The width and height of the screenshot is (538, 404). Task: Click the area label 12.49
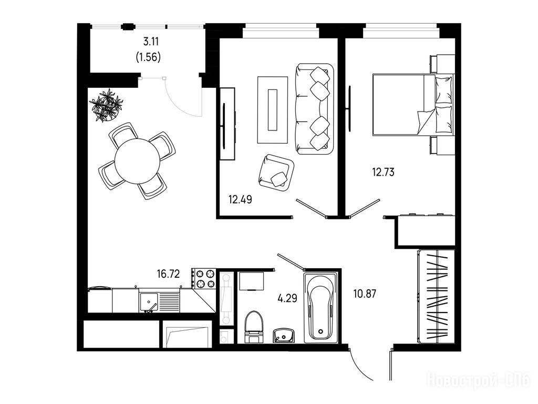click(x=240, y=199)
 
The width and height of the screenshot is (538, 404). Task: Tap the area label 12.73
click(x=383, y=171)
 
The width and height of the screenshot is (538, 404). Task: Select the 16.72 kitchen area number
click(x=168, y=274)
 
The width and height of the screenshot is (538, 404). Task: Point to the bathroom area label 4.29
click(x=287, y=298)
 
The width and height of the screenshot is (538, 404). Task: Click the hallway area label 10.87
click(x=365, y=294)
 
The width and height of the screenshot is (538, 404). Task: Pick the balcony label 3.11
click(x=151, y=42)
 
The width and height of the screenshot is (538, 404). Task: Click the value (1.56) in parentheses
click(x=149, y=57)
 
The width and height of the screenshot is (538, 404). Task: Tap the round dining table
click(x=137, y=161)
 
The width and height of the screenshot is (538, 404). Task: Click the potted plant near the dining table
click(x=106, y=105)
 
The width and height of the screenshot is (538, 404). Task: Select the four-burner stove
click(x=203, y=279)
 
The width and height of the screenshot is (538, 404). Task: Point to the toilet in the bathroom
click(x=254, y=327)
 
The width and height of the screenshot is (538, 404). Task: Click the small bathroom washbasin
click(x=283, y=335)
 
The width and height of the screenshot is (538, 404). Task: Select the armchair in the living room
click(x=276, y=171)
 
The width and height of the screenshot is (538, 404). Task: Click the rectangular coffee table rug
click(x=273, y=110)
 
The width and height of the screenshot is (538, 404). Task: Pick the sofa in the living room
click(x=314, y=109)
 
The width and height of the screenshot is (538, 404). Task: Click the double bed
click(x=413, y=105)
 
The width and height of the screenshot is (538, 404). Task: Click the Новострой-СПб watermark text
click(x=478, y=381)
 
